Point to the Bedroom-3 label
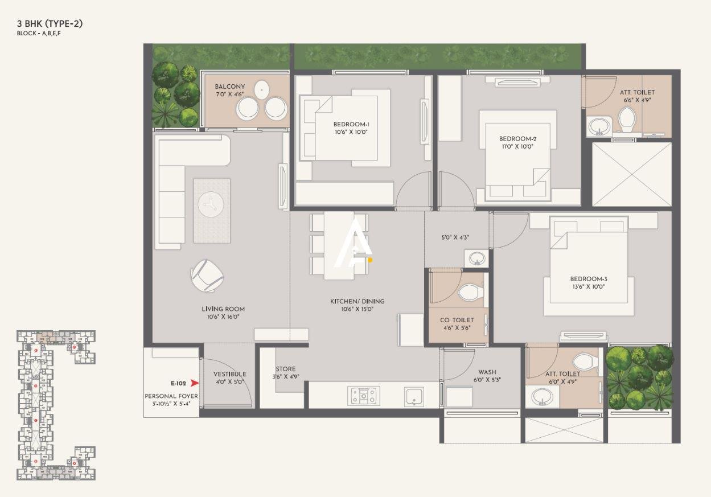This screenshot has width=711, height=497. [x=589, y=279]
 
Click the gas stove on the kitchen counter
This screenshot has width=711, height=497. [x=363, y=396]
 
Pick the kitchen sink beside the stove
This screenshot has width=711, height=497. [x=414, y=396]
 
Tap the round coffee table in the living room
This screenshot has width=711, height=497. [x=212, y=203]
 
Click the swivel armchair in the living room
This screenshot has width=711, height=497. [x=207, y=276]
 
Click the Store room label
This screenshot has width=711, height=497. [x=285, y=369]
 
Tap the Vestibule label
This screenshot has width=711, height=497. [x=229, y=374]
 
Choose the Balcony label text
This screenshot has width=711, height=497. [x=230, y=87]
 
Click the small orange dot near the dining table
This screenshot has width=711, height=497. [x=369, y=260]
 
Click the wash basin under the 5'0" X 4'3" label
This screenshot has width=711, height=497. [x=475, y=259]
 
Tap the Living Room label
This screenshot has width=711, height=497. [x=223, y=309]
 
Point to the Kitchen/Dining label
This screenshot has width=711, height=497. [x=357, y=301]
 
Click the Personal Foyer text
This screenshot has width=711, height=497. [x=171, y=396]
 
